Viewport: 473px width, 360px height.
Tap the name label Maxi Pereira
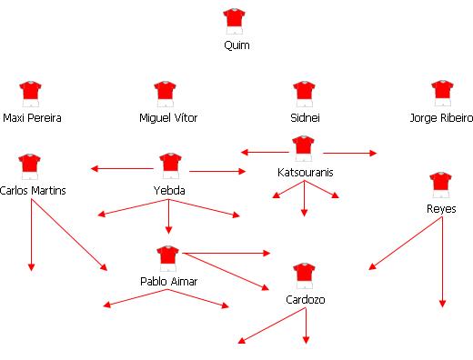click(x=32, y=118)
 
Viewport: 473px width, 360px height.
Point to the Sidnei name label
click(x=305, y=118)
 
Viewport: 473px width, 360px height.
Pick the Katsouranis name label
click(x=304, y=171)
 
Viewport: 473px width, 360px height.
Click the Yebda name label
click(x=169, y=190)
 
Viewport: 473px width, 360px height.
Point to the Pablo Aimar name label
click(x=169, y=282)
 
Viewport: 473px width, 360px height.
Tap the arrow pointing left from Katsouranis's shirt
click(x=264, y=152)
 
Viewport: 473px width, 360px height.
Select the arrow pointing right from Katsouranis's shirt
click(x=349, y=153)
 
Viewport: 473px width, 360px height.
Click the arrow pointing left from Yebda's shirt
click(x=123, y=167)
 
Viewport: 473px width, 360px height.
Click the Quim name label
click(x=235, y=45)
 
